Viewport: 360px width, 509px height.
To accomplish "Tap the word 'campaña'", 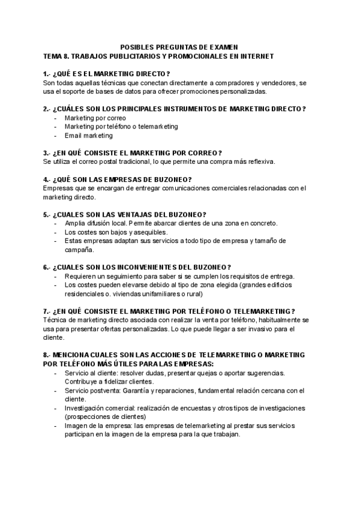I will tap(79, 250).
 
